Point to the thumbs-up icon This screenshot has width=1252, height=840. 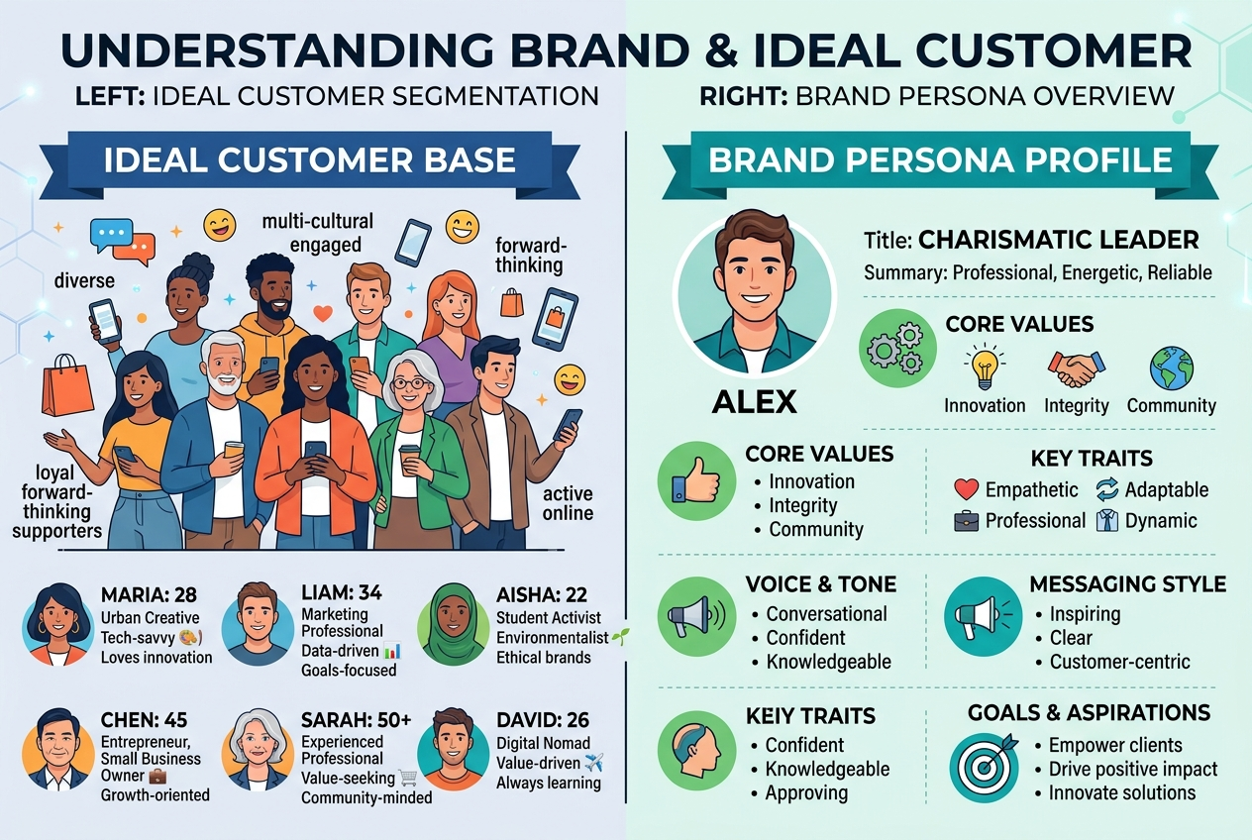click(695, 481)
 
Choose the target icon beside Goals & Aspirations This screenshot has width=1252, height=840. click(985, 767)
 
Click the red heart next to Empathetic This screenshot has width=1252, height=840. click(966, 489)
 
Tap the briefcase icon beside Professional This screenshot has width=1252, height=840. click(966, 521)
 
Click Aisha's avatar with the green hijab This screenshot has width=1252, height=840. click(454, 624)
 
